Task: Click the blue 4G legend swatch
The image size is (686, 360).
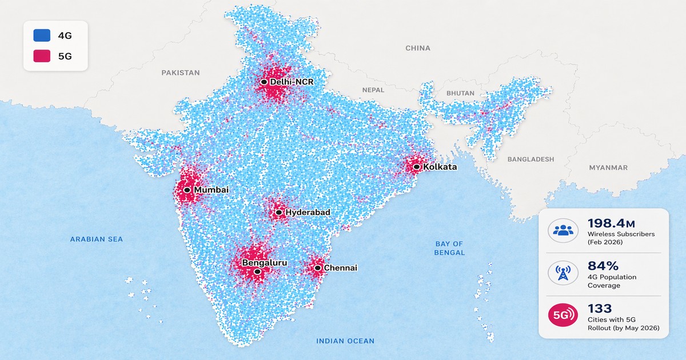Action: [41, 35]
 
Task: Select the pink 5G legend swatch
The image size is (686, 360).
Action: [41, 56]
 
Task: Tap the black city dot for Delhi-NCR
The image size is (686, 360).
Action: [264, 82]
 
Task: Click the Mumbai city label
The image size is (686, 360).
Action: [211, 190]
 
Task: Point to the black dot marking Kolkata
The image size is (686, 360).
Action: [417, 167]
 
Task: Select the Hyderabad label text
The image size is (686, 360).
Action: [308, 213]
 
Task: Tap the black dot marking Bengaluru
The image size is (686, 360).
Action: [258, 272]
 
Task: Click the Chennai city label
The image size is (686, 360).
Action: [340, 267]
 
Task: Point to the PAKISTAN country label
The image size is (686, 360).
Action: [181, 73]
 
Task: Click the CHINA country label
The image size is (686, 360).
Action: [417, 49]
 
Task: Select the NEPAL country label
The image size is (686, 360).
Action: [373, 90]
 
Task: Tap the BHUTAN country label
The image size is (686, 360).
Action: [460, 93]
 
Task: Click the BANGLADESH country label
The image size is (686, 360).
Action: [531, 159]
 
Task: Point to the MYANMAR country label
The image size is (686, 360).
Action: [608, 168]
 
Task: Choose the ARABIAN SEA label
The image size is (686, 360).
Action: [97, 239]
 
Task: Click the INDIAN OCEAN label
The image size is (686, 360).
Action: [345, 341]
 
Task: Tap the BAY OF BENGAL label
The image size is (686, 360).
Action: [449, 248]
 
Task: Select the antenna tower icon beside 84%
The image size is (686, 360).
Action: [563, 273]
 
